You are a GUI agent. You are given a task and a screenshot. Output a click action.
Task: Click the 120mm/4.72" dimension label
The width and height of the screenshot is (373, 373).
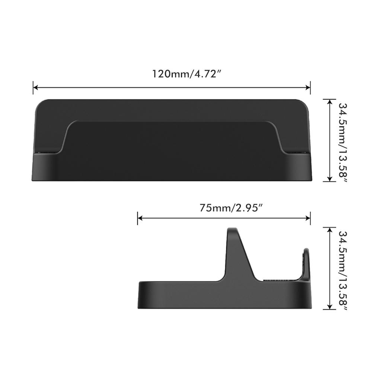186,74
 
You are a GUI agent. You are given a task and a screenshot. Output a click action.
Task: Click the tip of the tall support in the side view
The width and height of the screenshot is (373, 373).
232,230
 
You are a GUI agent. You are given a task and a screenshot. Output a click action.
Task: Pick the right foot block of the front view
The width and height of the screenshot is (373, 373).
300,167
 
